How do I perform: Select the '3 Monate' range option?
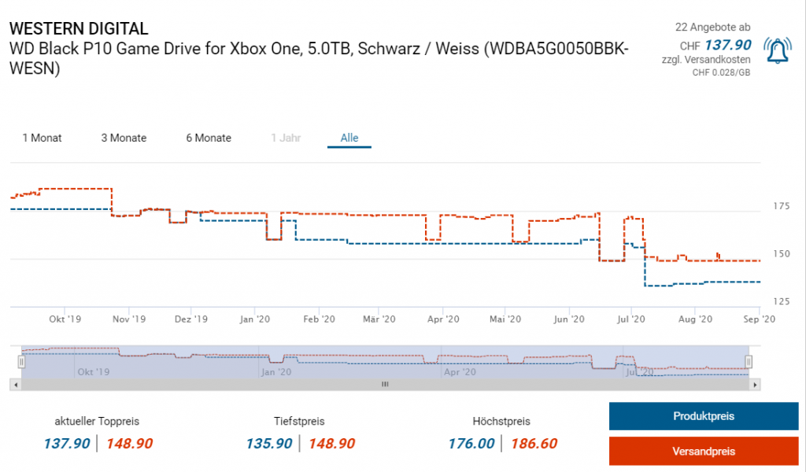pyautogui.click(x=124, y=138)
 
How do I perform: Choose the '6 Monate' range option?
pyautogui.click(x=209, y=138)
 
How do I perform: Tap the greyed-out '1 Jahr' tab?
pyautogui.click(x=285, y=138)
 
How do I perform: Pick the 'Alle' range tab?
pyautogui.click(x=349, y=138)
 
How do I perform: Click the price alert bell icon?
pyautogui.click(x=779, y=52)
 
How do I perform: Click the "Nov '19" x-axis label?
pyautogui.click(x=129, y=319)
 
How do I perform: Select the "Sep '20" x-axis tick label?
pyautogui.click(x=759, y=319)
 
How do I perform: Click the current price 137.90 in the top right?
pyautogui.click(x=727, y=46)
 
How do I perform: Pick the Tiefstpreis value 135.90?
pyautogui.click(x=269, y=444)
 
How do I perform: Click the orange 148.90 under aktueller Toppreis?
pyautogui.click(x=129, y=444)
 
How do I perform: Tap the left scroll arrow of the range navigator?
pyautogui.click(x=16, y=385)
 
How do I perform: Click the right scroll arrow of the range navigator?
pyautogui.click(x=756, y=385)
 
